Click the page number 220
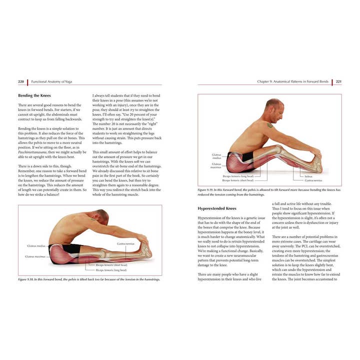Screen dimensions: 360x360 [21, 81]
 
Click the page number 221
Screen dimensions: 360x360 [338, 81]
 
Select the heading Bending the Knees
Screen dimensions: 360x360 [33, 95]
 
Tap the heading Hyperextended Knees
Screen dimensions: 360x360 [217, 207]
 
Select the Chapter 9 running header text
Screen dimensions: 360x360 [293, 81]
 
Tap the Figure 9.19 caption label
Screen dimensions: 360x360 [208, 190]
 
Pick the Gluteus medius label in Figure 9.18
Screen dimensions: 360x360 [37, 246]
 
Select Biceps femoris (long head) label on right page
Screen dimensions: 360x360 [238, 176]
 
